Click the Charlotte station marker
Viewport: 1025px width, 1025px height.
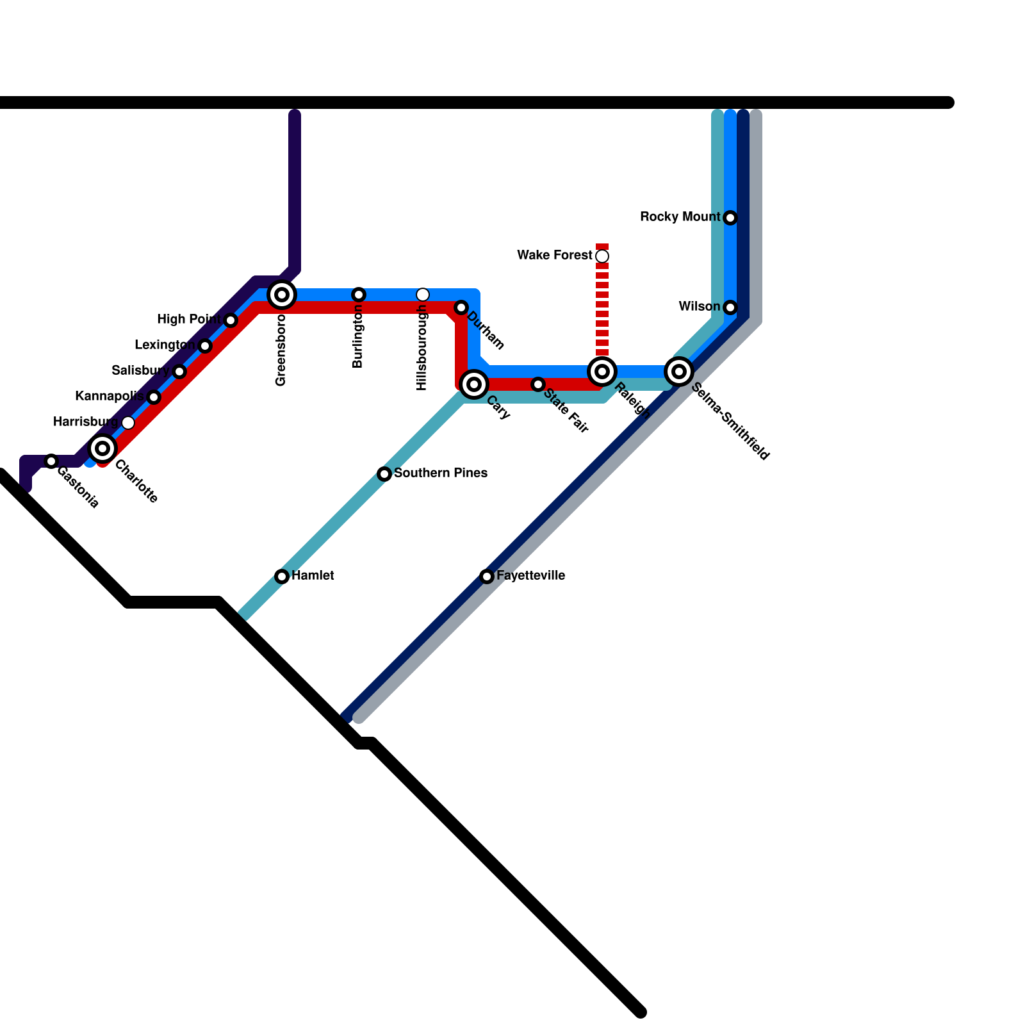[102, 448]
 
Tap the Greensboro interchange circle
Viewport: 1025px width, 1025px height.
[282, 295]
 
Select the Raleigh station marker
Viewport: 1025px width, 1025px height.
[602, 372]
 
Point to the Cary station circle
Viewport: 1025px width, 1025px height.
[474, 384]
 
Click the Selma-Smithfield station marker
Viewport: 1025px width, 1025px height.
[679, 372]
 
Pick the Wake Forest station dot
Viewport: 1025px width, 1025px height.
[602, 256]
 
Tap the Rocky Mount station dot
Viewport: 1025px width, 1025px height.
[730, 218]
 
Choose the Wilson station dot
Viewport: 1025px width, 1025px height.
[730, 307]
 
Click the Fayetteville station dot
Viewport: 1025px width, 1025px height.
[487, 577]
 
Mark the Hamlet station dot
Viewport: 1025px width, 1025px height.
[282, 577]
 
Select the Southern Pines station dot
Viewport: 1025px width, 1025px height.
[384, 474]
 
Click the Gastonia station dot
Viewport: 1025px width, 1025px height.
[51, 461]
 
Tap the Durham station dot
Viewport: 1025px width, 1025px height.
[461, 307]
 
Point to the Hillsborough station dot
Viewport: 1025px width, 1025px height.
[423, 295]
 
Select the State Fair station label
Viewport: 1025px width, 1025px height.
[566, 411]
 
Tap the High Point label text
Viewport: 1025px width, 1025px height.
[189, 319]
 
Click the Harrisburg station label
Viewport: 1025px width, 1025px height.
[86, 422]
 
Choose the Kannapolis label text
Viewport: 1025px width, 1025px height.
[109, 396]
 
